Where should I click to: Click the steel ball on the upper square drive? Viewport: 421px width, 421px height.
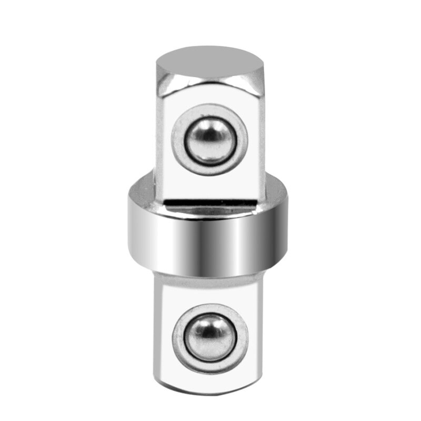coord(209,139)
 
